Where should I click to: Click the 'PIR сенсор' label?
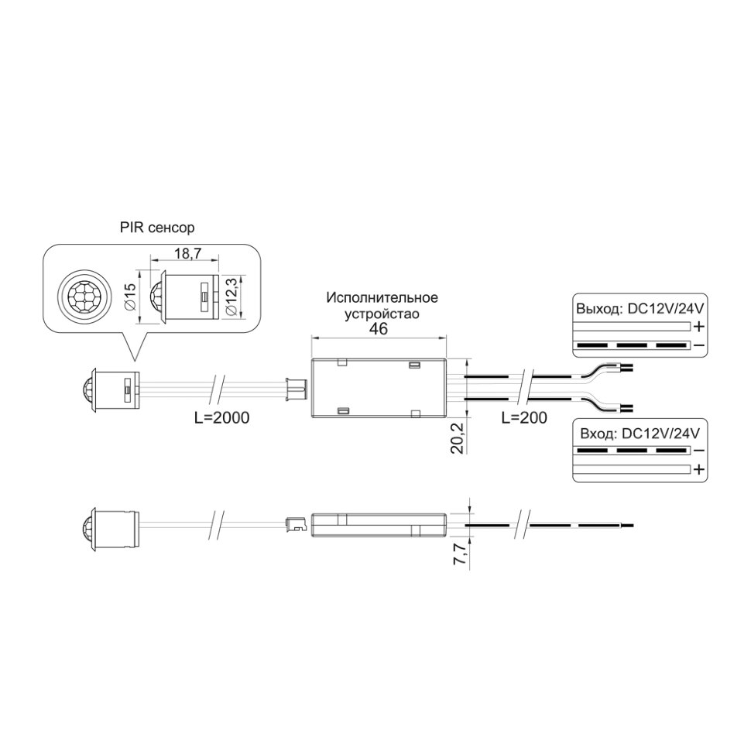157,228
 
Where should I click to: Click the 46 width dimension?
378,328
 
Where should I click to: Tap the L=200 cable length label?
524,417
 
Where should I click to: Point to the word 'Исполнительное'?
382,298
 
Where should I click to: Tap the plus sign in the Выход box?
698,326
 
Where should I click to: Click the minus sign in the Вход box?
698,451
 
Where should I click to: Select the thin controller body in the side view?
379,524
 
